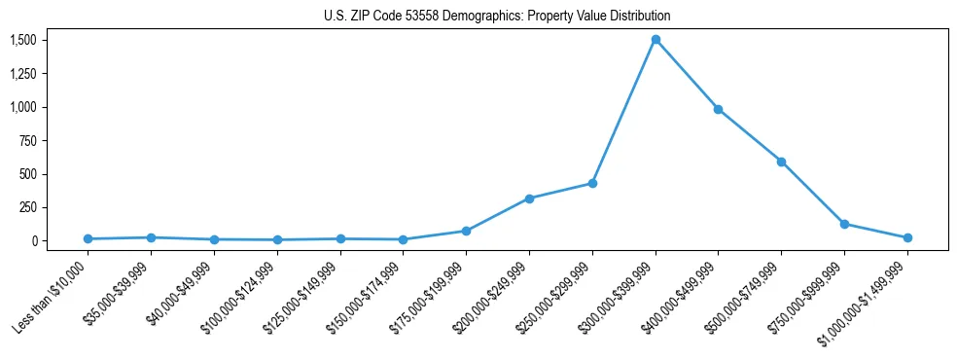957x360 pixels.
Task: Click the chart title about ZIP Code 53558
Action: [497, 17]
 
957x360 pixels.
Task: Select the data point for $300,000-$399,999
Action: [656, 40]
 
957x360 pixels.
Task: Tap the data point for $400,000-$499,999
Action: [718, 109]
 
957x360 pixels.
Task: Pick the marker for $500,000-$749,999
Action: [781, 162]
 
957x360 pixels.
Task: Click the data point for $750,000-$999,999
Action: [844, 224]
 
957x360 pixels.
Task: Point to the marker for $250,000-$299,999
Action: [592, 183]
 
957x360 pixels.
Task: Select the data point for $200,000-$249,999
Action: [529, 198]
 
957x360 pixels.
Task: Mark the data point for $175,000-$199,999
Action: [466, 231]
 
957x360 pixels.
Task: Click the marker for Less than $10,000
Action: [88, 238]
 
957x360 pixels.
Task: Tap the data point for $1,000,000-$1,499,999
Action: [907, 237]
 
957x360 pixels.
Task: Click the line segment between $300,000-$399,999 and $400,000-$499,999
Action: [687, 75]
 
